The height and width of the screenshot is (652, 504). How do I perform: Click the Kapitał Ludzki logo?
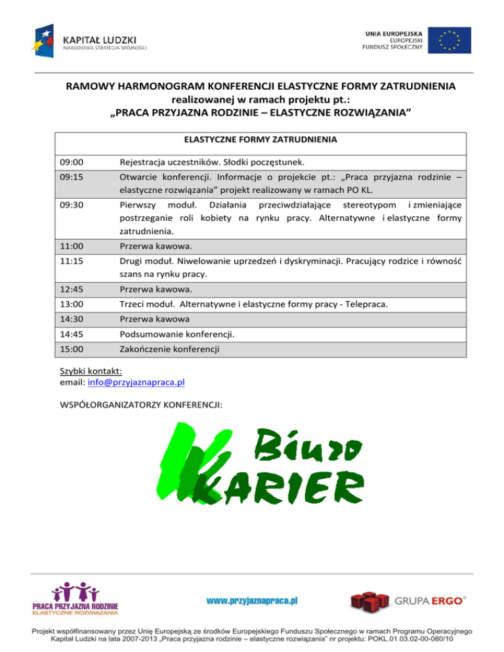(89, 40)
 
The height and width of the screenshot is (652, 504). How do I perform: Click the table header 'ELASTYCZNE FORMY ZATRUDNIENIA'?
(261, 140)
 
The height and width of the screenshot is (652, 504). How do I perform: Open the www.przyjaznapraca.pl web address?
(253, 600)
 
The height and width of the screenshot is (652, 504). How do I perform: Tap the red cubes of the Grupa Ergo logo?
(368, 601)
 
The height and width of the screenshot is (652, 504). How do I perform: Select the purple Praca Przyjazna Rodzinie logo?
(75, 598)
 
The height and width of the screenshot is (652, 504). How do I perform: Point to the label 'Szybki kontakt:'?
(86, 370)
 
